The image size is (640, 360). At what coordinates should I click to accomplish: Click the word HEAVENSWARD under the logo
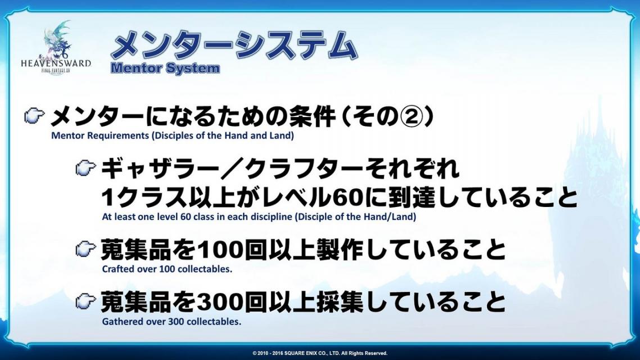56,64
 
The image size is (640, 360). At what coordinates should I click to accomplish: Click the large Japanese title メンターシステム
235,46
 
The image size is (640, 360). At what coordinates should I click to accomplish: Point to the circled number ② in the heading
409,117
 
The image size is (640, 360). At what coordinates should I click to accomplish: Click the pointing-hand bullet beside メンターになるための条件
34,116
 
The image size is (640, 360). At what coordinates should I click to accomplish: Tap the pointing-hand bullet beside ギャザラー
85,168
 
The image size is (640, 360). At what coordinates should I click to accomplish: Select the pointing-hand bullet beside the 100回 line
85,249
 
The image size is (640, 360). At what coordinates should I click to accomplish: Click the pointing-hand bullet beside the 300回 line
85,301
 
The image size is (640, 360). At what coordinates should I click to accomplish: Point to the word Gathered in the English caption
119,321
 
